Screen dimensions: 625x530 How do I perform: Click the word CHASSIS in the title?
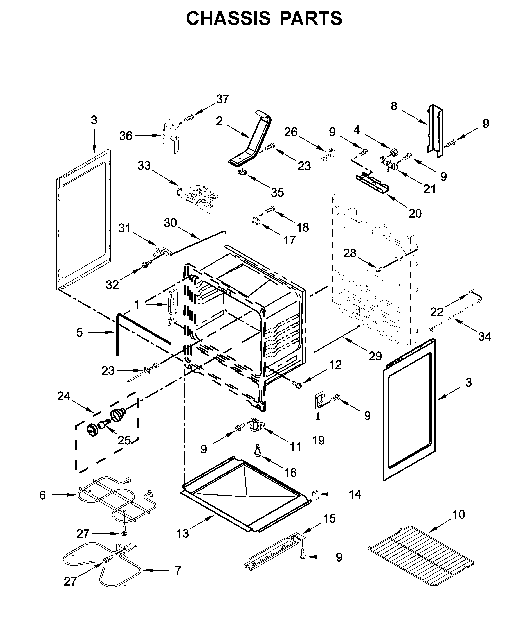(x=228, y=19)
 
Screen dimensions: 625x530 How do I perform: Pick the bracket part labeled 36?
(x=170, y=137)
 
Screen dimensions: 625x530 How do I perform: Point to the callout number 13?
(x=183, y=534)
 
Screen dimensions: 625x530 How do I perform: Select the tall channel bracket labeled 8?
(x=435, y=131)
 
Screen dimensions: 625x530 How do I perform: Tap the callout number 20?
(x=415, y=213)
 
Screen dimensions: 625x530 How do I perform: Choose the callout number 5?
(x=79, y=332)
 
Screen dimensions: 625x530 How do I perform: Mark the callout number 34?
(x=485, y=337)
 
